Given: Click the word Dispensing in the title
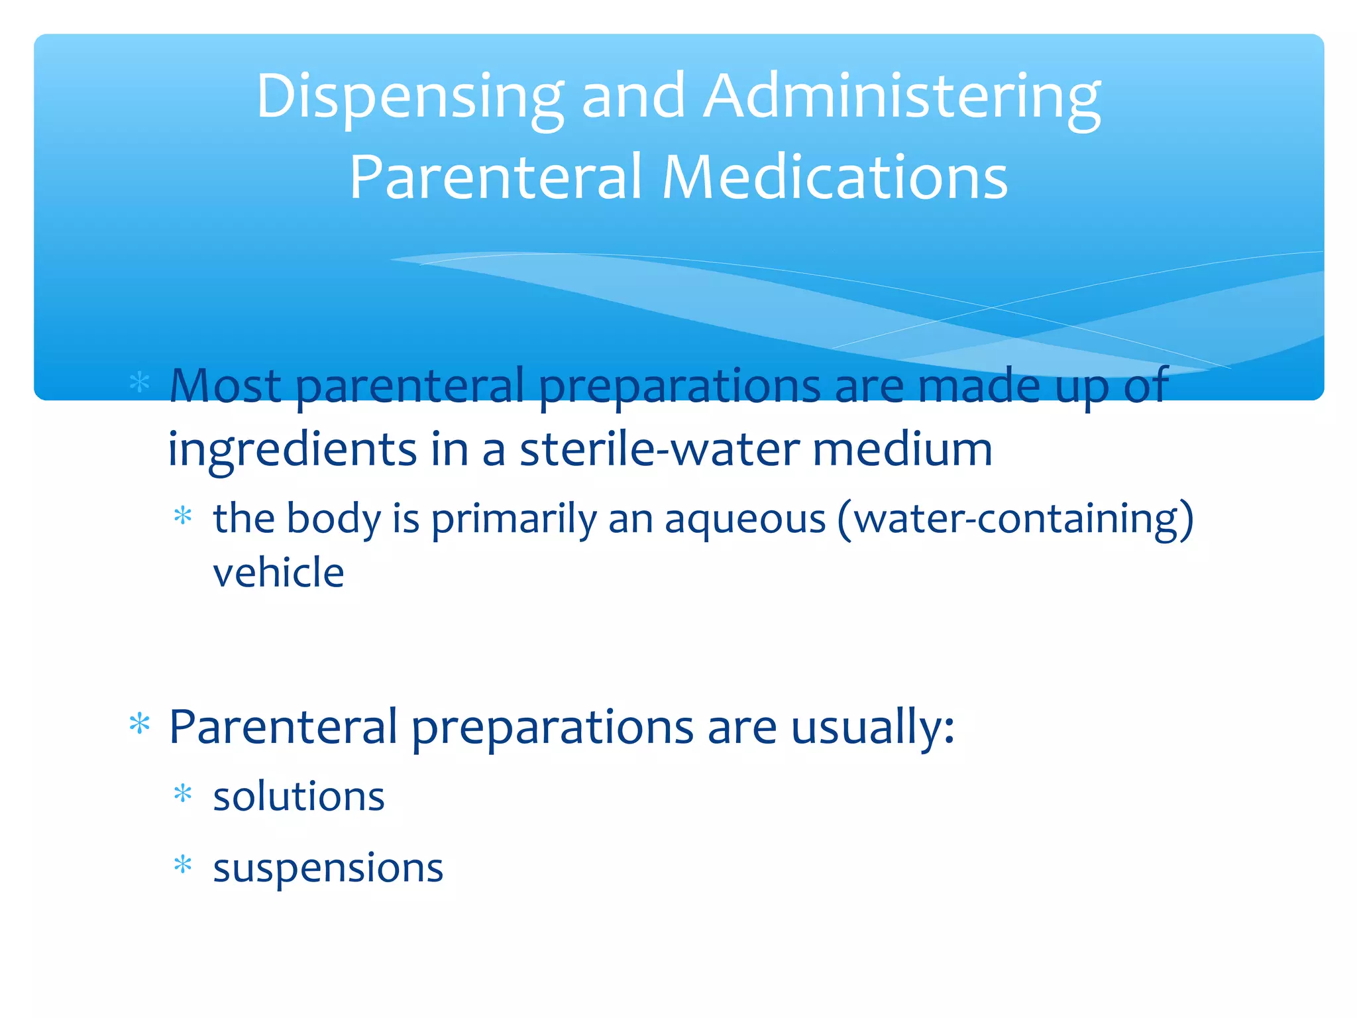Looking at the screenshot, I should click(x=409, y=97).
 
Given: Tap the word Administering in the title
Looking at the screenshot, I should click(x=902, y=97).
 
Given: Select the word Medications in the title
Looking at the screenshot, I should click(x=835, y=177).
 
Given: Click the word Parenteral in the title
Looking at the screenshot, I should click(x=496, y=177).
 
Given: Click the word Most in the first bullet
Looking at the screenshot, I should click(x=225, y=386).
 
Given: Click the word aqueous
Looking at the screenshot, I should click(x=745, y=519).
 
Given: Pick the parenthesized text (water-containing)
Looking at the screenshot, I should click(x=1015, y=519).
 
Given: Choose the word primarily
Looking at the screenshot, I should click(x=514, y=519).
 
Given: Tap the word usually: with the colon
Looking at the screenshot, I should click(x=873, y=728).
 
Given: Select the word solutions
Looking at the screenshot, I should click(x=298, y=797).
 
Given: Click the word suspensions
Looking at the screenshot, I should click(x=327, y=868).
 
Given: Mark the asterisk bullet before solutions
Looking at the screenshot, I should click(x=182, y=793).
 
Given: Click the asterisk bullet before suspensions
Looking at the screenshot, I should click(x=182, y=864).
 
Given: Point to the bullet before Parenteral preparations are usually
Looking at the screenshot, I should click(x=140, y=724).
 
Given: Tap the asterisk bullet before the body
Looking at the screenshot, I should click(x=182, y=515).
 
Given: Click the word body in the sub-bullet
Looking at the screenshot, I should click(x=333, y=519).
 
